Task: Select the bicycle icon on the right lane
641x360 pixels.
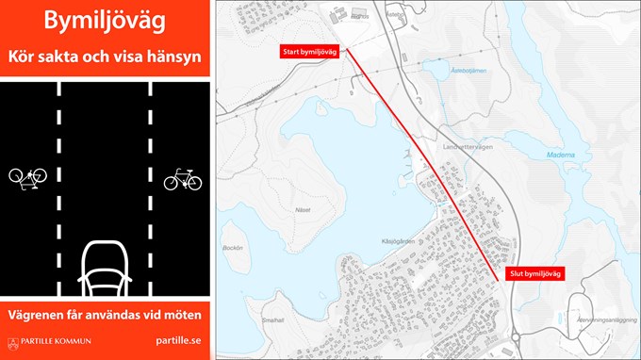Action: tap(183, 178)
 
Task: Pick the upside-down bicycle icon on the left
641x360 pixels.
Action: tap(27, 176)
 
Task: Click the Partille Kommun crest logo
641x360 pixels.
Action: tap(13, 342)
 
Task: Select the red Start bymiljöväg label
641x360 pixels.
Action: tap(309, 52)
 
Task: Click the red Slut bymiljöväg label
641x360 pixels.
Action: tap(534, 273)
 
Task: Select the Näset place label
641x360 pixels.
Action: tap(303, 186)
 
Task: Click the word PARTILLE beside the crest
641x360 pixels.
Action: tap(39, 342)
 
